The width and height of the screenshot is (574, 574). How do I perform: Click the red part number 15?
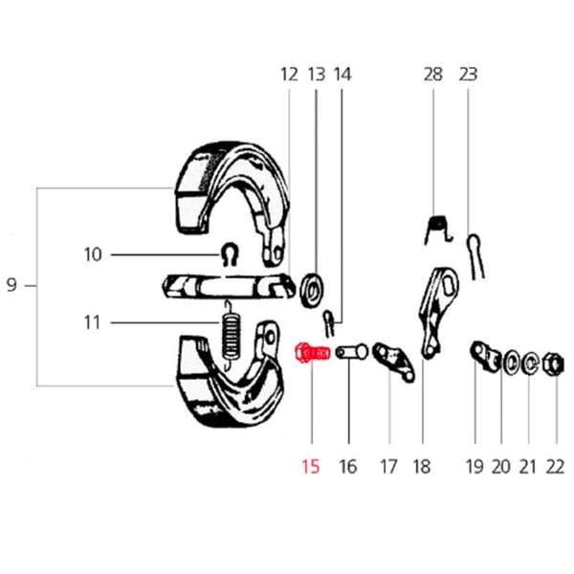click(x=310, y=467)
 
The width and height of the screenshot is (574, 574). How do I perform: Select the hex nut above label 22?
click(x=552, y=363)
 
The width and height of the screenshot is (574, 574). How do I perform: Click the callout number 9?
click(x=11, y=285)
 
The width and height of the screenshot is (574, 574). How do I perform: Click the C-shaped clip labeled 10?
click(x=228, y=253)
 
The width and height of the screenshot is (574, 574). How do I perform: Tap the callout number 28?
click(x=433, y=74)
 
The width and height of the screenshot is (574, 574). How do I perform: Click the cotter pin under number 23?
click(x=477, y=254)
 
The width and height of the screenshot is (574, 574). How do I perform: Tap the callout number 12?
click(x=289, y=74)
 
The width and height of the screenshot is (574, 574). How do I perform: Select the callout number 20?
click(x=501, y=467)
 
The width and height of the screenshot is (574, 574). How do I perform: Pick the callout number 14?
click(x=342, y=74)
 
